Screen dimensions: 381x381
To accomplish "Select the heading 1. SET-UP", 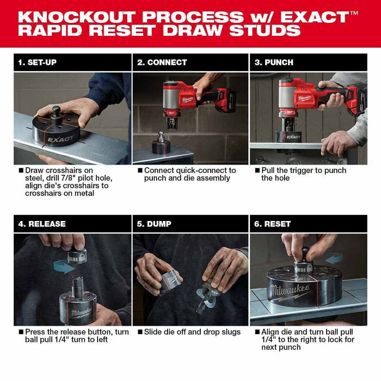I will pos(37,63).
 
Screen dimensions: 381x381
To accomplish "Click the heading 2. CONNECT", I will pos(162,63).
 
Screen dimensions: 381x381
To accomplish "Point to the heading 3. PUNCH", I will pos(274,63).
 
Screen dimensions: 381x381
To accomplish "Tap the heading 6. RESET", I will pos(273,224).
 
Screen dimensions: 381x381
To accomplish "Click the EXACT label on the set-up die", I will pos(60,139).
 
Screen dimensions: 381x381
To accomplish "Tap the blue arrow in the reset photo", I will pos(333,258).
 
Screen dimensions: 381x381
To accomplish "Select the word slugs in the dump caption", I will pos(230,332).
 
